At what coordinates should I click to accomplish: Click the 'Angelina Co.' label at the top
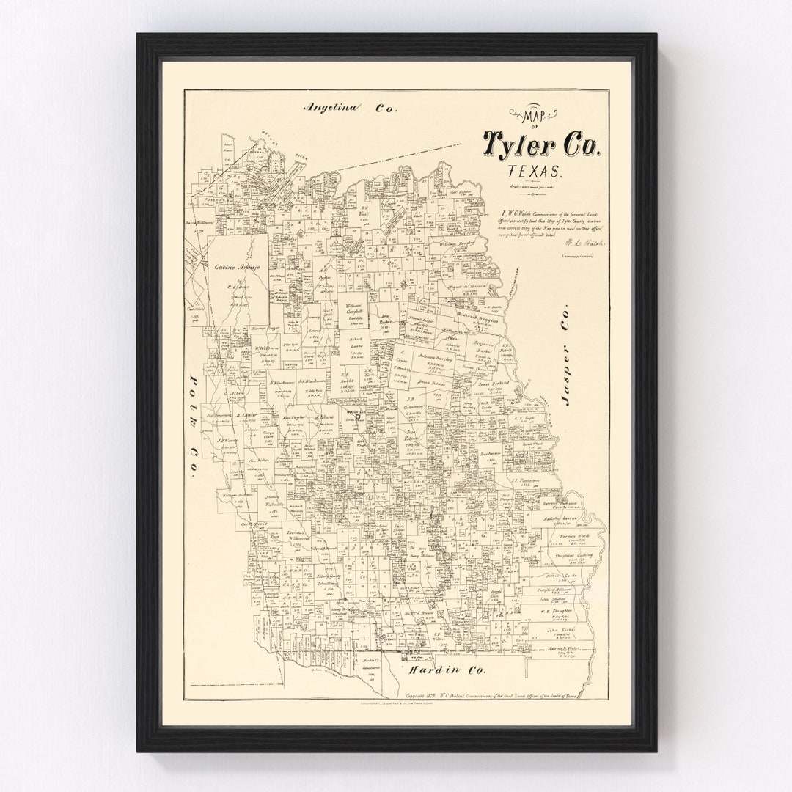[x=350, y=107]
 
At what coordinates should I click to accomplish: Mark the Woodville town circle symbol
[x=358, y=419]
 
